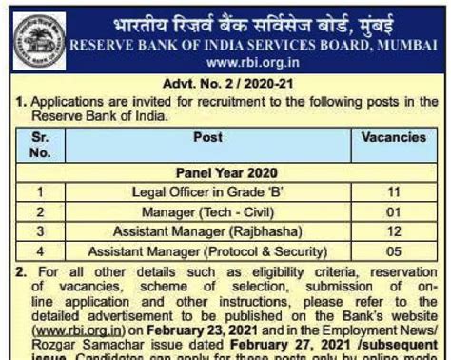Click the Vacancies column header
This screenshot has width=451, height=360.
click(x=393, y=138)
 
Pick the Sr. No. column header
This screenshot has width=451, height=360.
click(x=40, y=145)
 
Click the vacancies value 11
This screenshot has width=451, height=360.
click(x=394, y=191)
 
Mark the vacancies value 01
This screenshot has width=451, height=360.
click(x=394, y=211)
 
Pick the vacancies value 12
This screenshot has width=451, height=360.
click(x=394, y=231)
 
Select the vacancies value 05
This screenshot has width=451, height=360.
click(x=394, y=251)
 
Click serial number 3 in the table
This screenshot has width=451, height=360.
click(x=40, y=231)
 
